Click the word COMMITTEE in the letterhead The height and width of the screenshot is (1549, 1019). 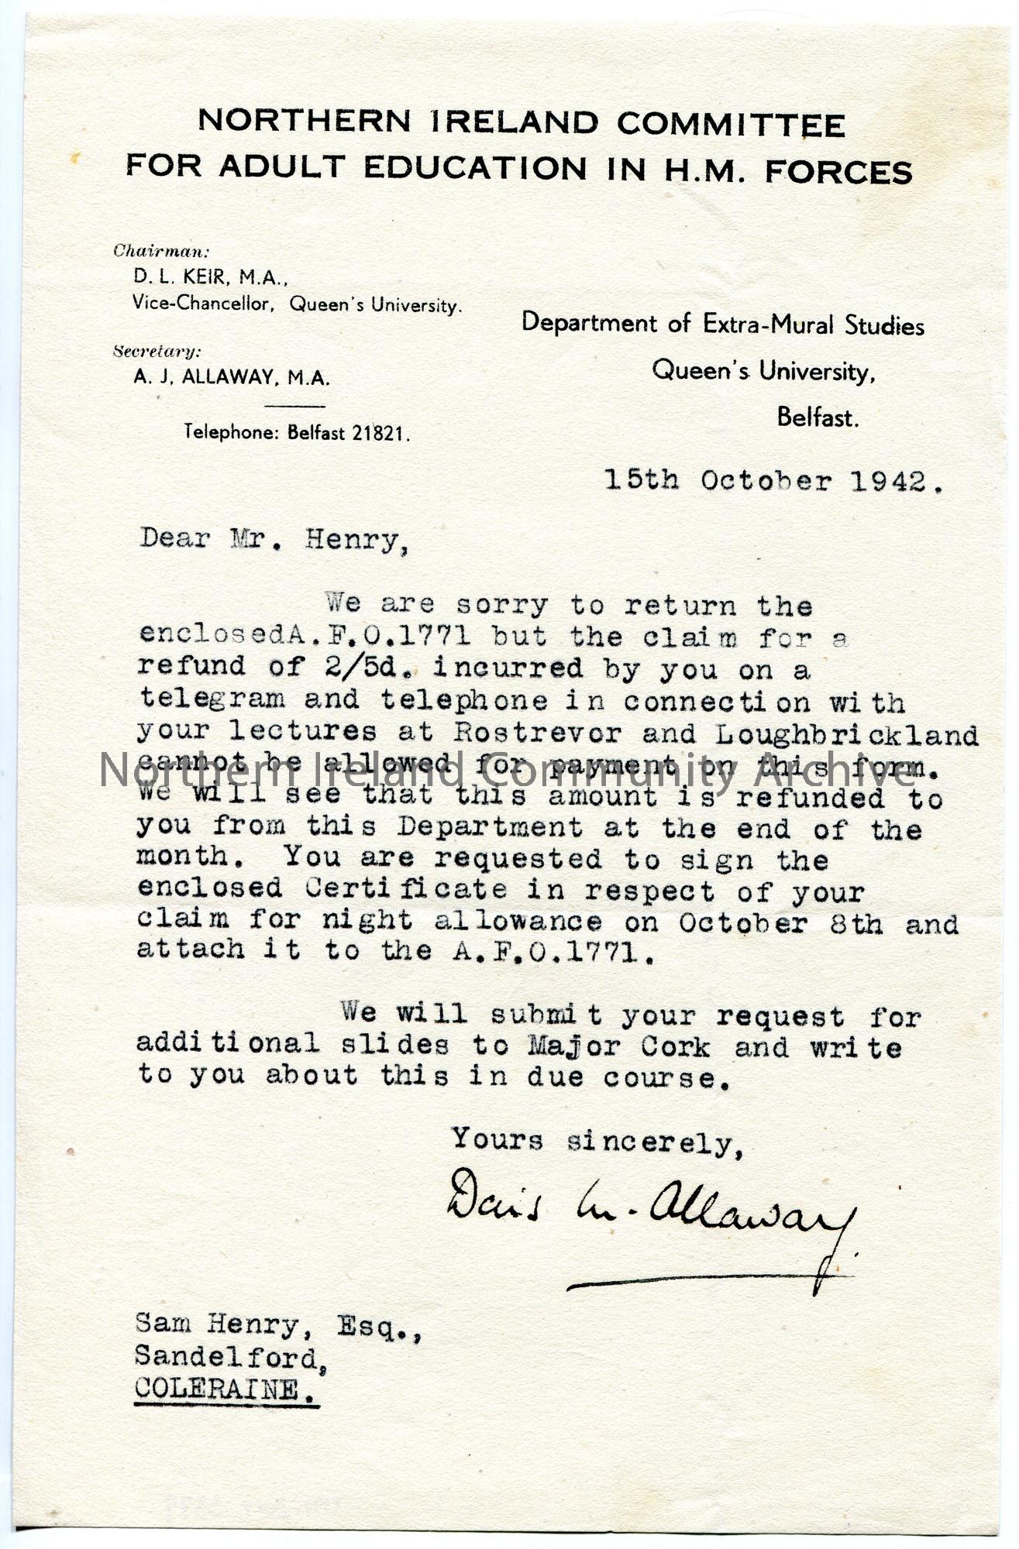point(731,125)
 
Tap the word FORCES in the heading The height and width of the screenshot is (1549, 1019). point(838,171)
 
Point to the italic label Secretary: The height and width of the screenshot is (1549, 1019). point(157,352)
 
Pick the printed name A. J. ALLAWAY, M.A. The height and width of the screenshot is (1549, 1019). point(232,378)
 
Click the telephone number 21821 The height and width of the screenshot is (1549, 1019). point(380,434)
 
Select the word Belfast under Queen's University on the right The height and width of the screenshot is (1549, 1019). point(818,418)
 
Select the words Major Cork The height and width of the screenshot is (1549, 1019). point(618,1047)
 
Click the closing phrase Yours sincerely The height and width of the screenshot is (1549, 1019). point(597,1141)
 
